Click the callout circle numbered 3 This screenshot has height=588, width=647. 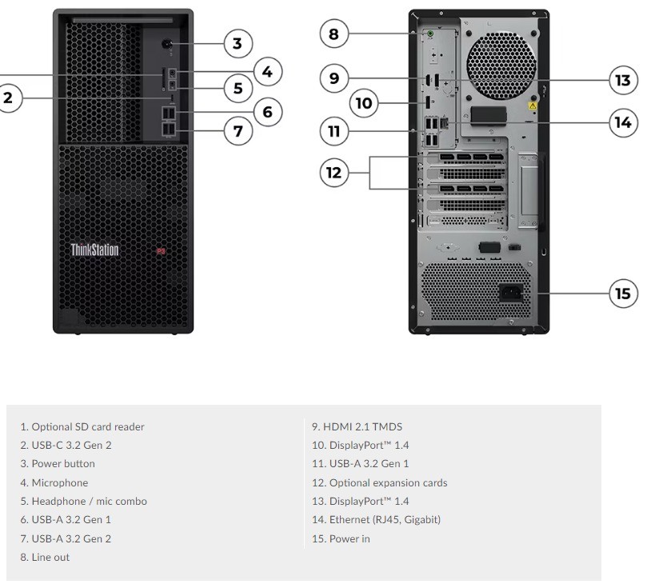pos(238,43)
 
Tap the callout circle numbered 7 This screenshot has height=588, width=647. pos(238,131)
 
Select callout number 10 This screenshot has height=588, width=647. pos(364,103)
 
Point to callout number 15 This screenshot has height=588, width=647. pos(623,294)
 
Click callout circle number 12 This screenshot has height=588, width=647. pos(334,173)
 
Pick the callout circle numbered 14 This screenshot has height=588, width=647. pos(623,122)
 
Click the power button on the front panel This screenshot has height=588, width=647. pos(167,43)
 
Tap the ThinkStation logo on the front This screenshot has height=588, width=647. pos(94,250)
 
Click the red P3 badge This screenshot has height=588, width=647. pos(161,251)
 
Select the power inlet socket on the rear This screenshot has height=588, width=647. pos(511,293)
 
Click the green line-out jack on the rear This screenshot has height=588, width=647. pos(430,34)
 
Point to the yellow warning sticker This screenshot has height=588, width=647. pos(533,106)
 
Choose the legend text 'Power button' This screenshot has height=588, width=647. pos(63,464)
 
